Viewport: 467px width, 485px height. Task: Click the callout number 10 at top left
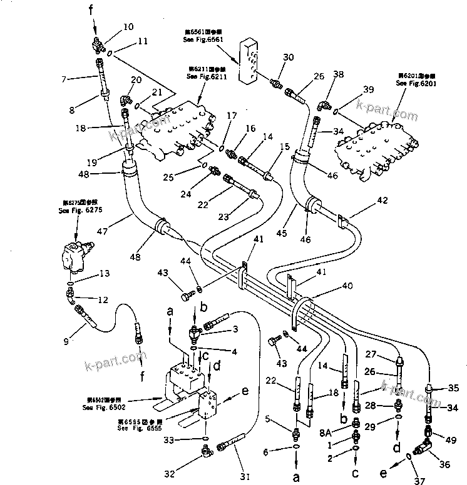pos(128,27)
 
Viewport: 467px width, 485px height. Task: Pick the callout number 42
pos(382,200)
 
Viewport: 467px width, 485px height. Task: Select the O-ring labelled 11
pos(110,54)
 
